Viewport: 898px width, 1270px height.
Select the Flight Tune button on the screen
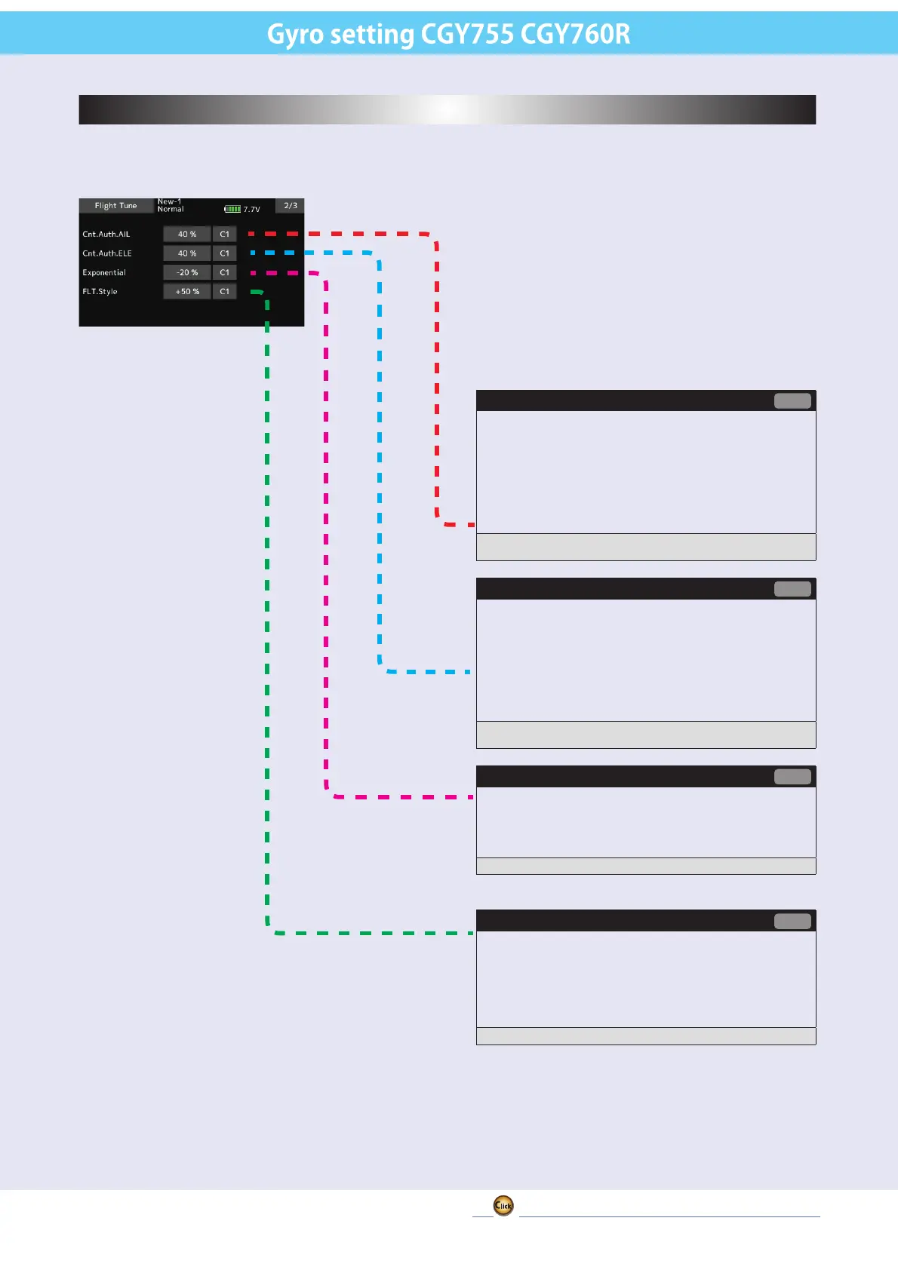coord(116,205)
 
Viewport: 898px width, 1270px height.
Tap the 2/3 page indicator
coord(291,205)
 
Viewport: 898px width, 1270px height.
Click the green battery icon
coord(232,209)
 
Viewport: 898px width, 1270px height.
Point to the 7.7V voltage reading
coord(252,210)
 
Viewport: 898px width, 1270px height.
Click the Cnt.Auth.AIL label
coord(106,235)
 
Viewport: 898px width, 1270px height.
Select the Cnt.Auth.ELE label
coord(107,253)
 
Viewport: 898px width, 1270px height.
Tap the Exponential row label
coord(104,272)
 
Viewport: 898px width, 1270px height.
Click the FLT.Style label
coord(100,291)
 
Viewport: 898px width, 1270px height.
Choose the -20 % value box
coord(186,272)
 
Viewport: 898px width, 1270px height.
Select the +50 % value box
coord(186,291)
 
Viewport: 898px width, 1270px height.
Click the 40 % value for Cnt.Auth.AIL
coord(186,235)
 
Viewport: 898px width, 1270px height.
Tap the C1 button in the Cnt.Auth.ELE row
coord(224,253)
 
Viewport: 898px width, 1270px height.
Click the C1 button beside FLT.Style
coord(224,291)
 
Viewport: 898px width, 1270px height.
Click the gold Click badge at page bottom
coord(503,1205)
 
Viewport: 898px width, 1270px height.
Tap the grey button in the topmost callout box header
coord(792,400)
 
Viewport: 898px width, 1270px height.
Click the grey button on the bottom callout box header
coord(792,921)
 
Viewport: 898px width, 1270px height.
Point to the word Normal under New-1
coord(171,209)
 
